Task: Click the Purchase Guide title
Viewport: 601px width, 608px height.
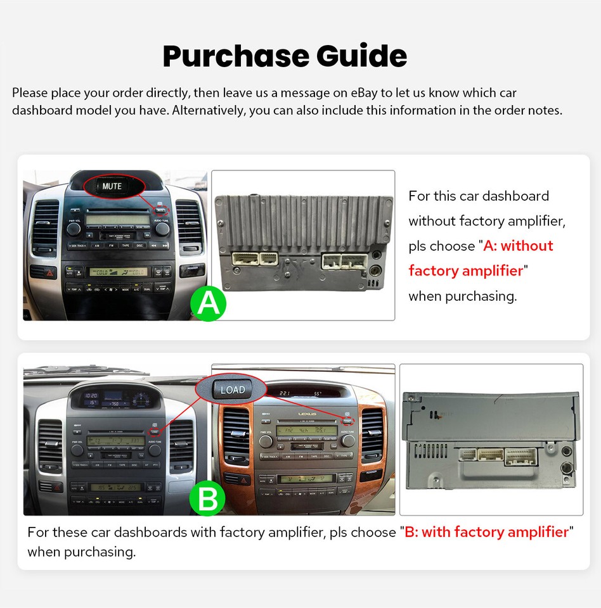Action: pyautogui.click(x=285, y=56)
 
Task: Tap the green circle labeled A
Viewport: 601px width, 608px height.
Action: pyautogui.click(x=208, y=304)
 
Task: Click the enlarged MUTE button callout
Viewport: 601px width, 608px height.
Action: pyautogui.click(x=112, y=186)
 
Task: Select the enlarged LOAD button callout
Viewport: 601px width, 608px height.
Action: pyautogui.click(x=232, y=389)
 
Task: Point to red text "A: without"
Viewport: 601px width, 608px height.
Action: pyautogui.click(x=518, y=246)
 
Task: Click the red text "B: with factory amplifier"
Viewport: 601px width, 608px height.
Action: pyautogui.click(x=486, y=532)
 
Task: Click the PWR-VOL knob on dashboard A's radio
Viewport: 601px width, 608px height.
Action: pyautogui.click(x=74, y=229)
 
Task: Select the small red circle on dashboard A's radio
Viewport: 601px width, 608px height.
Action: pyautogui.click(x=162, y=210)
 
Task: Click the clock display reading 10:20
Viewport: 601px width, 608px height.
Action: pyautogui.click(x=91, y=395)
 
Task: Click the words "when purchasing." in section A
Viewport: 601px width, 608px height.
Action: pyautogui.click(x=462, y=296)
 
